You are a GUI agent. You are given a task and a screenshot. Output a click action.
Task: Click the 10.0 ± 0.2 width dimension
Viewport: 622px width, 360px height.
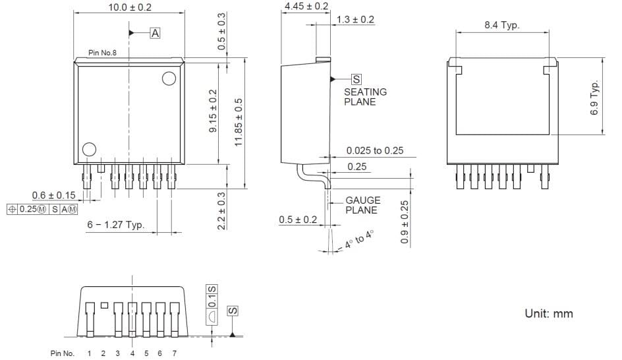pos(129,7)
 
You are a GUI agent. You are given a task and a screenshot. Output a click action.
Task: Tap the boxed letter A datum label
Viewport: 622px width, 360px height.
pos(155,32)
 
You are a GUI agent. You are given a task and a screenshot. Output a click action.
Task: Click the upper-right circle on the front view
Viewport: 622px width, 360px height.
pos(169,79)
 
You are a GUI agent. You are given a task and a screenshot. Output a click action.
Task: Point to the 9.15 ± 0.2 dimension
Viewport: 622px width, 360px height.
pos(213,111)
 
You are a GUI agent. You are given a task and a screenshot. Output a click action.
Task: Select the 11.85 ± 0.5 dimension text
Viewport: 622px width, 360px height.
pos(239,123)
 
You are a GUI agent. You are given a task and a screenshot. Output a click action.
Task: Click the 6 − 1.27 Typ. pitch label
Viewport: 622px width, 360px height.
pos(115,225)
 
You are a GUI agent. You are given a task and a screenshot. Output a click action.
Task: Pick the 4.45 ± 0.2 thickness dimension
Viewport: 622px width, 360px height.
pos(306,7)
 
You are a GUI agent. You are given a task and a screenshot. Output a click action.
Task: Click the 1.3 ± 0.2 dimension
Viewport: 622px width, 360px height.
pos(355,20)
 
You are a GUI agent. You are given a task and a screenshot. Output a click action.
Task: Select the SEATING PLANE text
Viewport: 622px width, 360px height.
pos(365,97)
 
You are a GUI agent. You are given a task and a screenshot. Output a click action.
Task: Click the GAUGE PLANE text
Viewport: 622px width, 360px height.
pos(363,205)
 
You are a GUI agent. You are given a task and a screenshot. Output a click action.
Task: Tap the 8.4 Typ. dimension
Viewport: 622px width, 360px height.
pos(502,25)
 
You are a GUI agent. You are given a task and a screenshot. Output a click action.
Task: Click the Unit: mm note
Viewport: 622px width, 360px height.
pos(549,313)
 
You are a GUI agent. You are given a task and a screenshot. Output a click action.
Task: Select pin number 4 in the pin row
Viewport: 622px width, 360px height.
pos(132,354)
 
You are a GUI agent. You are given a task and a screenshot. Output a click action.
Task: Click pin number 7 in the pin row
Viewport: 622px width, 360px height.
pos(174,354)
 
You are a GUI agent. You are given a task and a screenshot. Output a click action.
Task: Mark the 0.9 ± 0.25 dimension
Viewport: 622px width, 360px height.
pos(405,223)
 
